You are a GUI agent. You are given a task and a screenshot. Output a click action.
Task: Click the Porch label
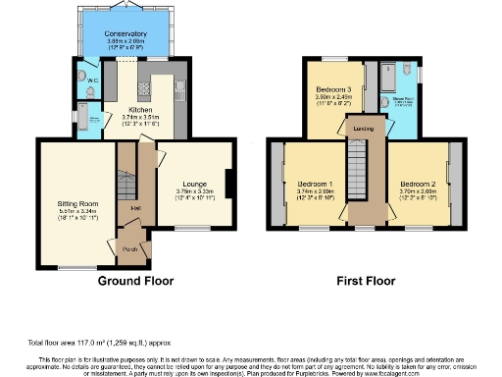tap(129, 247)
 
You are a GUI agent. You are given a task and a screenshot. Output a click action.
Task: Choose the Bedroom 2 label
tap(419, 184)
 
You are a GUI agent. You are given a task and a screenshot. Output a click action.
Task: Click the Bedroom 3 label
tap(333, 89)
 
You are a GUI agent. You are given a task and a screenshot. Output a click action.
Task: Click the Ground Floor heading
tap(135, 281)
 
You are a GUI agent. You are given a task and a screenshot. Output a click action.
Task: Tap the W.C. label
tap(91, 80)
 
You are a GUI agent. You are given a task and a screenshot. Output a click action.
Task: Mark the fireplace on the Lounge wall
tap(228, 184)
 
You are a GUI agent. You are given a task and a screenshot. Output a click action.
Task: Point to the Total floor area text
tap(102, 343)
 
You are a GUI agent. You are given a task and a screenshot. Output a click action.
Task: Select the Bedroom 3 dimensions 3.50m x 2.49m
tap(333, 97)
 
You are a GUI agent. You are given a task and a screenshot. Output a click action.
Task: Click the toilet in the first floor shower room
tap(389, 71)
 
